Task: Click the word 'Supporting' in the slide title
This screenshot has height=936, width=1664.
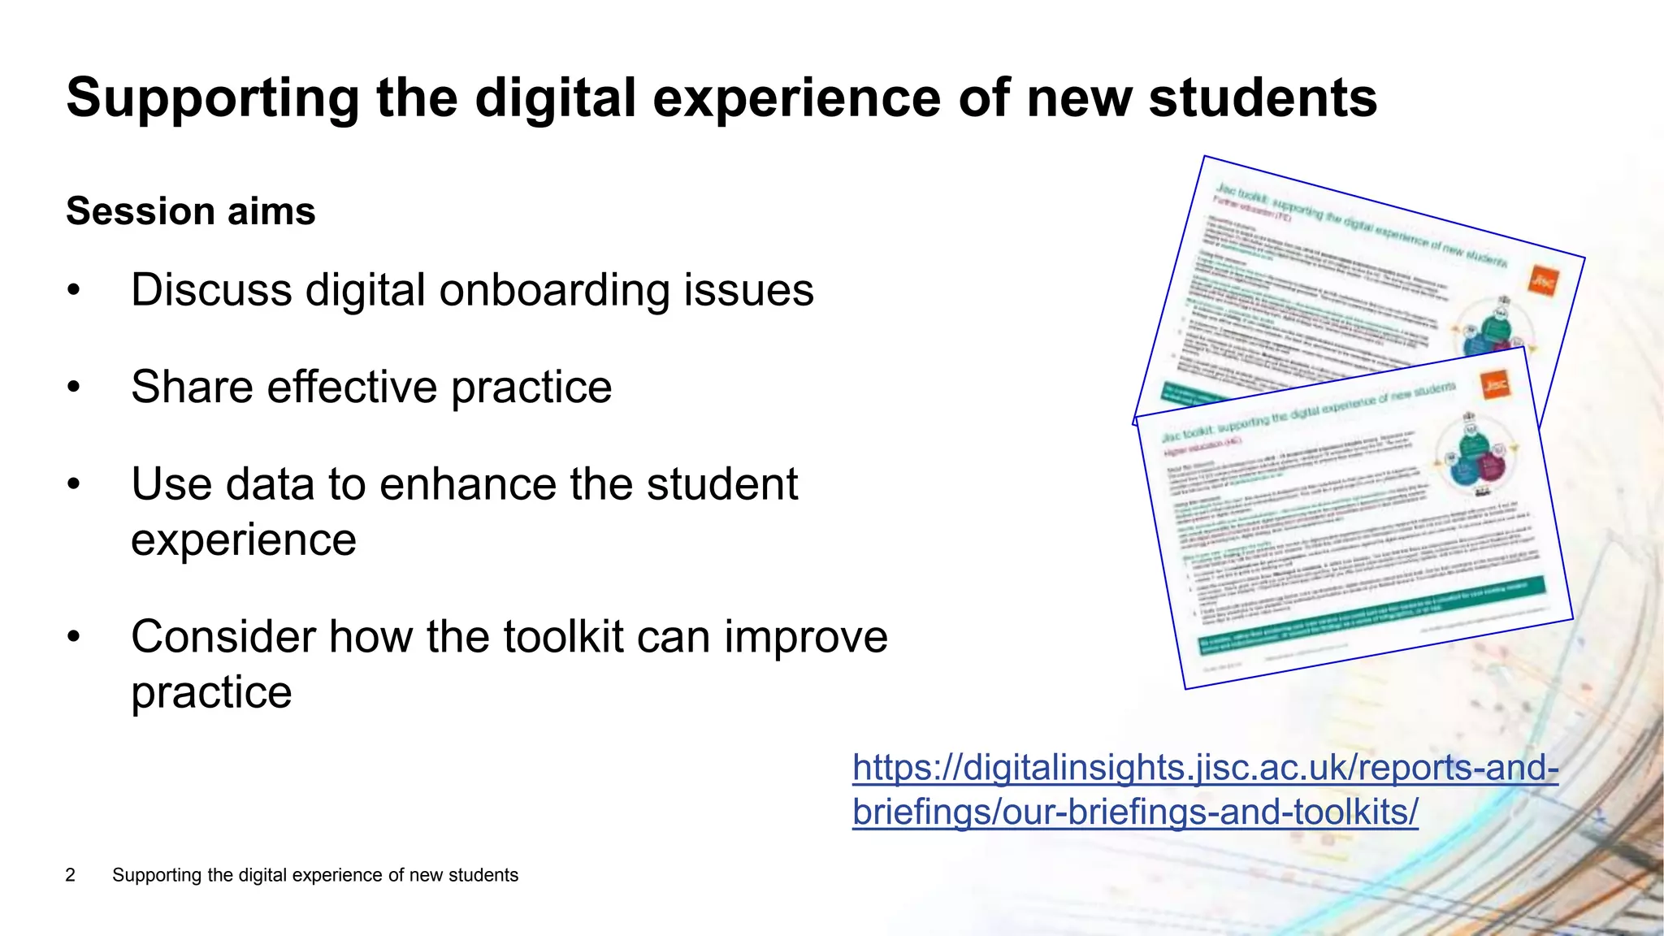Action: (x=212, y=98)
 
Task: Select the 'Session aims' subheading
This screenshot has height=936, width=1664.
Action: (x=191, y=211)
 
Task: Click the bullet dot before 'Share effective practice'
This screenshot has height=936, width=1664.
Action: (x=74, y=388)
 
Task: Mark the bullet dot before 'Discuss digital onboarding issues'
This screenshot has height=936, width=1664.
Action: (x=74, y=291)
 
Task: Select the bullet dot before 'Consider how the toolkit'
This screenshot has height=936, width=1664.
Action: (x=74, y=637)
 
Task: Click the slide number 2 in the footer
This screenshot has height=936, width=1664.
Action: (x=71, y=875)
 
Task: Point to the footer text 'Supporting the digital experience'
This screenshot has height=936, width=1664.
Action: (x=315, y=875)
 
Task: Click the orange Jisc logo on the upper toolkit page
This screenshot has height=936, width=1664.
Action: (x=1543, y=281)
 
